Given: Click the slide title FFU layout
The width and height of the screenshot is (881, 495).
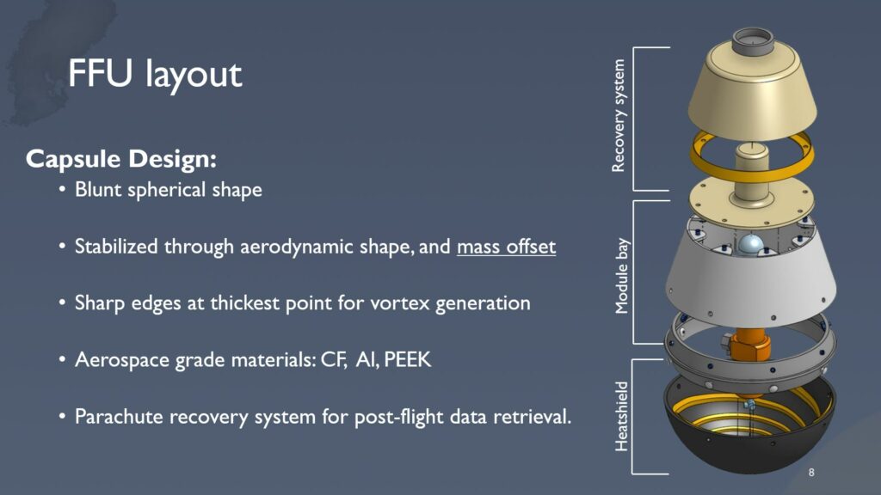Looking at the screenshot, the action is tap(155, 74).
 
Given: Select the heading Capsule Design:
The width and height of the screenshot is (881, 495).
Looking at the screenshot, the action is tap(121, 159).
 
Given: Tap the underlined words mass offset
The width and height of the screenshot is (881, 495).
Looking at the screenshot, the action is tap(506, 247).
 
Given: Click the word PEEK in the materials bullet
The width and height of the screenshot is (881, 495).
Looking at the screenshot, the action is tap(407, 359).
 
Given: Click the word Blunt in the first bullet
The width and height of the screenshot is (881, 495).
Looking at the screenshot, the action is tap(98, 189).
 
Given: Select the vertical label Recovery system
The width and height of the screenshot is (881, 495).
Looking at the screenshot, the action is tap(618, 116).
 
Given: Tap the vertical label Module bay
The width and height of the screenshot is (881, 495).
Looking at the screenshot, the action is tap(621, 276).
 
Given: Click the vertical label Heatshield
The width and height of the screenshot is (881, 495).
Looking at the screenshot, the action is tap(621, 417).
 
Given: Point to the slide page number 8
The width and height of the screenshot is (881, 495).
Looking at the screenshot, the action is tap(811, 473).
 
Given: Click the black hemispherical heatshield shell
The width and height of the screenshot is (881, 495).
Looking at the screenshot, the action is tap(749, 449).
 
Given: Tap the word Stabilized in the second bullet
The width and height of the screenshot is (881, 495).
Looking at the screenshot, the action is tap(116, 247).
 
